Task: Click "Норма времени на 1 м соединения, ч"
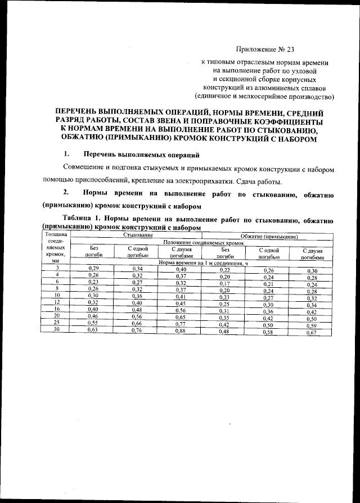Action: tap(203, 262)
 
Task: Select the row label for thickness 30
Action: tap(56, 330)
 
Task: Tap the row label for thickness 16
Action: tap(56, 309)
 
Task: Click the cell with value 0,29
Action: tap(94, 269)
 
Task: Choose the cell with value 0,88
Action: tap(181, 331)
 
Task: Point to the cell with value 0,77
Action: tap(181, 324)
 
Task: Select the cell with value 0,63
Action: tap(94, 330)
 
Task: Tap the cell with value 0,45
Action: tap(181, 303)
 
